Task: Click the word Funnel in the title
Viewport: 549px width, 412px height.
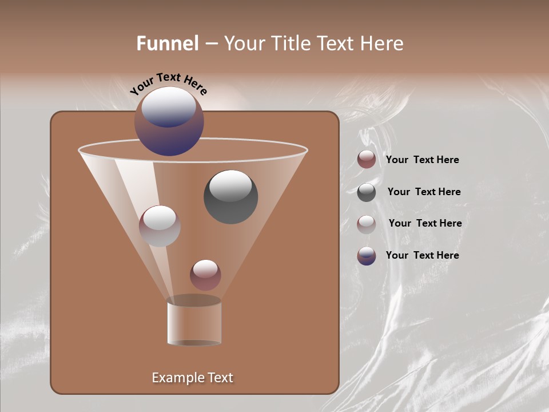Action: [x=167, y=43]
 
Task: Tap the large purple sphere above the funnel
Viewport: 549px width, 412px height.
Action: [x=169, y=121]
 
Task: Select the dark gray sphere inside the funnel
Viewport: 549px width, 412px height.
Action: [x=230, y=197]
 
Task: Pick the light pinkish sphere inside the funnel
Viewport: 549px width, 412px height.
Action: [x=160, y=226]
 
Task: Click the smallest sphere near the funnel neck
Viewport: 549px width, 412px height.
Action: [x=205, y=275]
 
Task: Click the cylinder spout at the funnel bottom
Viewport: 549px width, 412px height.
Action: [x=194, y=323]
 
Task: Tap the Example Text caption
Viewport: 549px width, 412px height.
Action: [x=192, y=378]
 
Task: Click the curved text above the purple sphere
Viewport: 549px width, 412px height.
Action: [x=168, y=83]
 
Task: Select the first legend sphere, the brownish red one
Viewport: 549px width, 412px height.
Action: [x=367, y=160]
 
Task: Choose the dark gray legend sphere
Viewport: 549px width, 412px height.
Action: [x=367, y=192]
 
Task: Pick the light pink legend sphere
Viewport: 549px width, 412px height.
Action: [x=367, y=224]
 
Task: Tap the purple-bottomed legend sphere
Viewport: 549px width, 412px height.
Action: [x=367, y=256]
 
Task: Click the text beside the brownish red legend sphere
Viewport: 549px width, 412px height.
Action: [x=422, y=160]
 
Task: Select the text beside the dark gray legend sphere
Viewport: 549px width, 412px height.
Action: [x=424, y=192]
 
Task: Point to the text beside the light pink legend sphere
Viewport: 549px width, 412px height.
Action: [x=425, y=224]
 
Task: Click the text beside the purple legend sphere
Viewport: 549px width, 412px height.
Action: [x=422, y=256]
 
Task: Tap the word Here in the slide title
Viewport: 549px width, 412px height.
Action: [x=383, y=43]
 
